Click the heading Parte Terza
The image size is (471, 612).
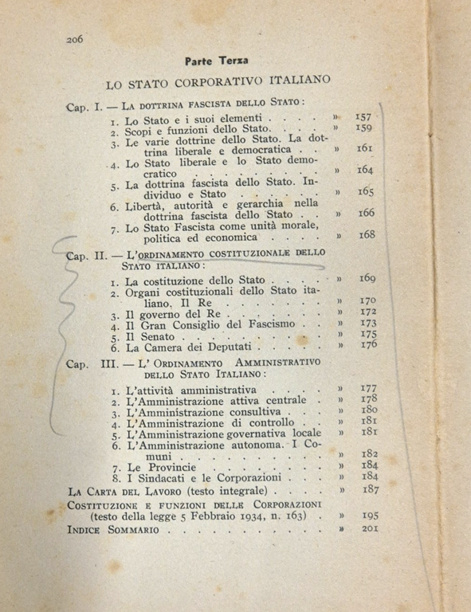[216, 61]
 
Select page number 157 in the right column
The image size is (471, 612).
[364, 116]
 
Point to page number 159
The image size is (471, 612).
[364, 127]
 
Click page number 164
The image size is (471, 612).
[367, 170]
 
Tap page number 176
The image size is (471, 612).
[368, 345]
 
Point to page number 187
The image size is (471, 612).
[369, 491]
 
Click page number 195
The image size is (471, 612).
[370, 515]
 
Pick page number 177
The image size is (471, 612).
[368, 388]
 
